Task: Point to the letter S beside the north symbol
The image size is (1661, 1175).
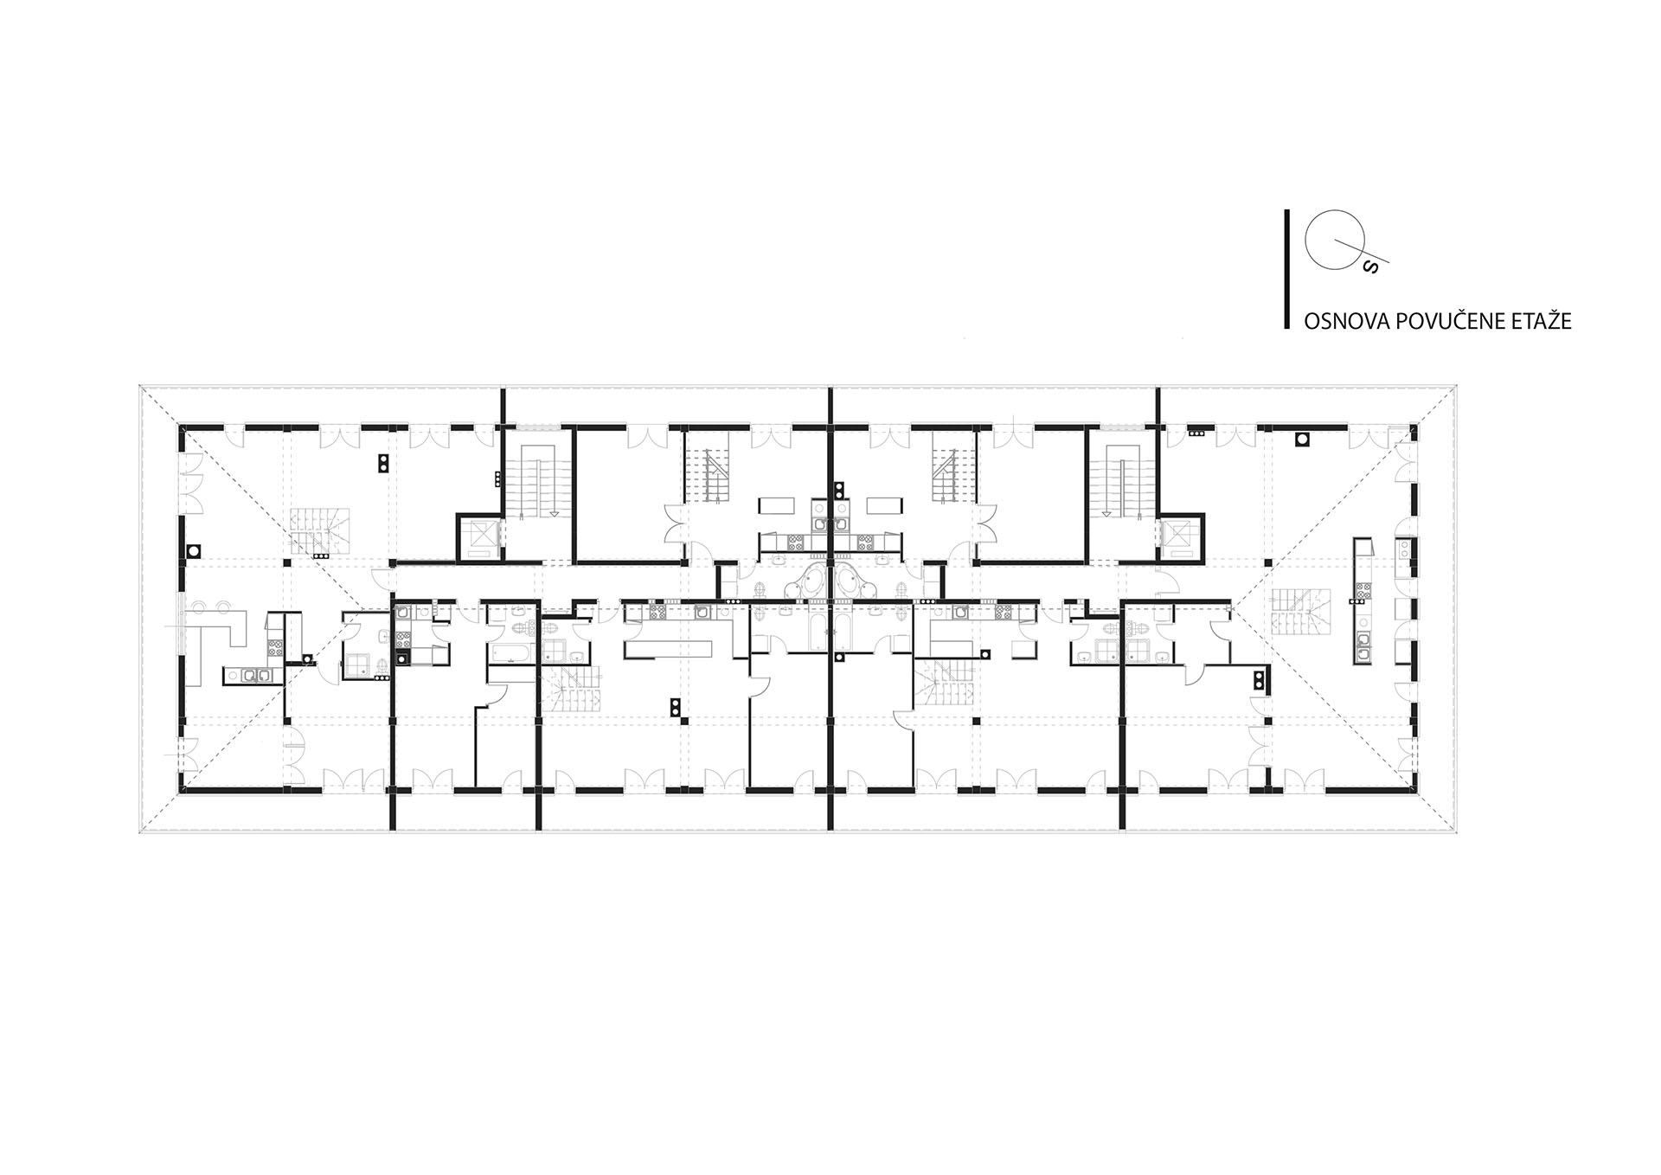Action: click(1369, 267)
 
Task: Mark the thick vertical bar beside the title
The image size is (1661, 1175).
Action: click(1287, 269)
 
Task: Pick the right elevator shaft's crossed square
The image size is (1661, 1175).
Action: click(1178, 536)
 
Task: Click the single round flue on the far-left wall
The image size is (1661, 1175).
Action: click(195, 549)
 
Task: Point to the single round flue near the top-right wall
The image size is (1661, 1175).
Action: click(1301, 440)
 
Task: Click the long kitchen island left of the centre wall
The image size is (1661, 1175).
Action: click(670, 650)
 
